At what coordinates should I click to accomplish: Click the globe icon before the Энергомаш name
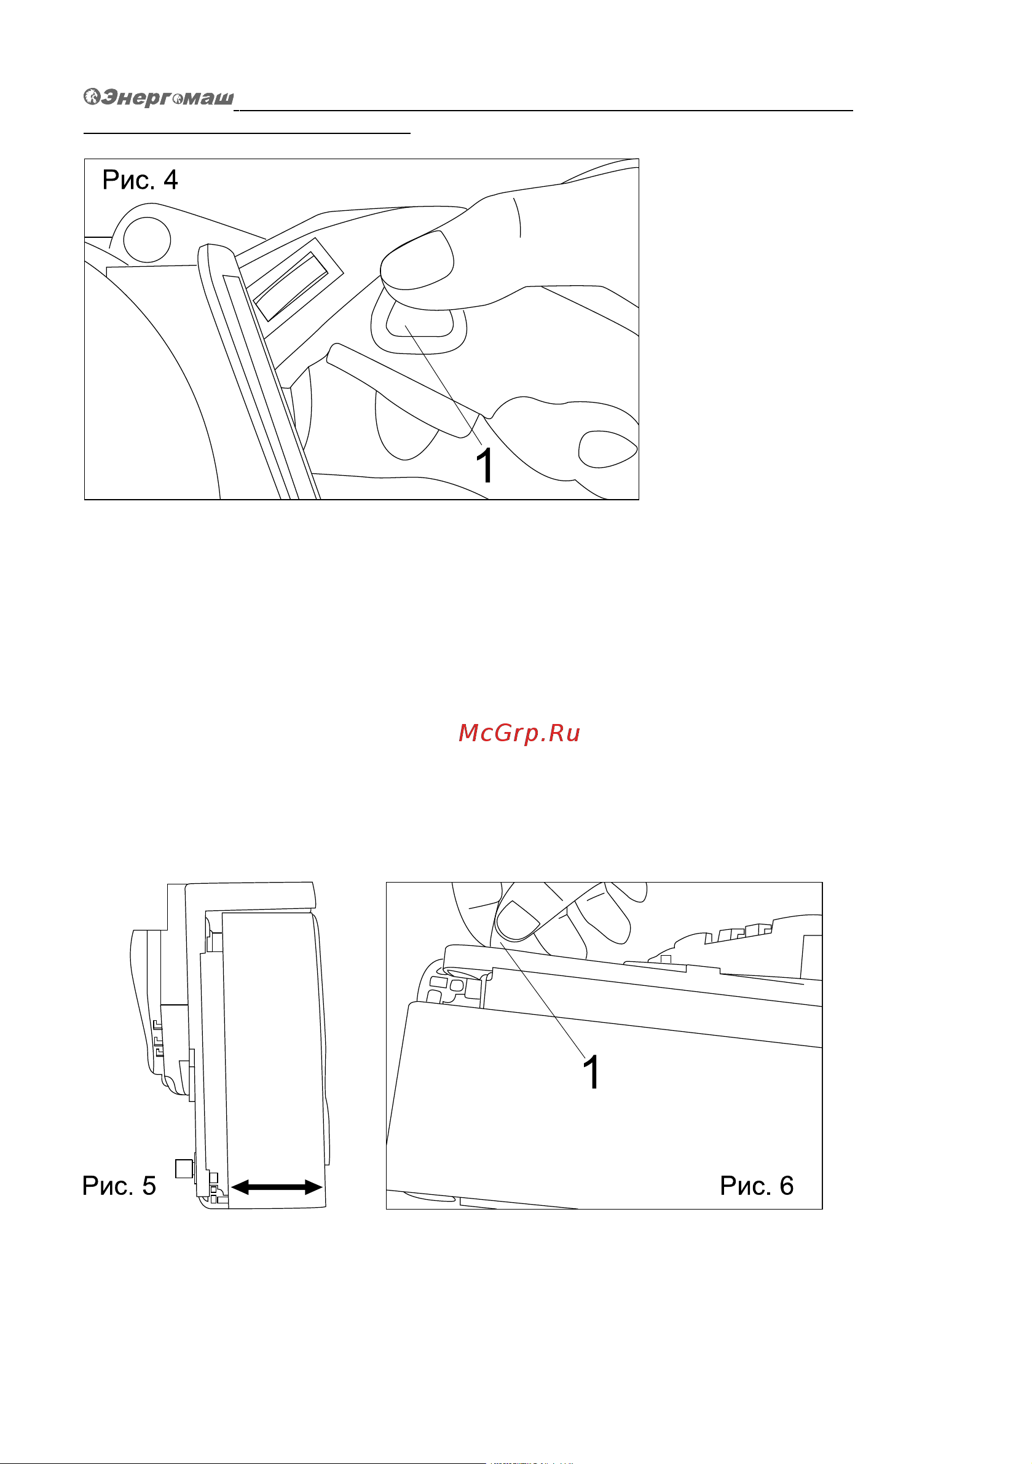click(x=92, y=96)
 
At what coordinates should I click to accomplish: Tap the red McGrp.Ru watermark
click(x=519, y=733)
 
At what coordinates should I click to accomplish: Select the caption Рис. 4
click(x=140, y=180)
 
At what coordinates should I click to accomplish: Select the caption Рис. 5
click(x=119, y=1186)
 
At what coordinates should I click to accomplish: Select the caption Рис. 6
click(x=757, y=1186)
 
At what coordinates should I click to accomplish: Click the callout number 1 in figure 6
click(x=592, y=1072)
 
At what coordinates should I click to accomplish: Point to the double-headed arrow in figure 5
click(x=277, y=1187)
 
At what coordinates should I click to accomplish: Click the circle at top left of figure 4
click(x=147, y=240)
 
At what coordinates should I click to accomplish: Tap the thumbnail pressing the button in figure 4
click(x=417, y=261)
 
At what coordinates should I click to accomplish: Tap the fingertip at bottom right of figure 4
click(x=607, y=449)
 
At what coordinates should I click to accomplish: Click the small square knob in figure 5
click(x=184, y=1168)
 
